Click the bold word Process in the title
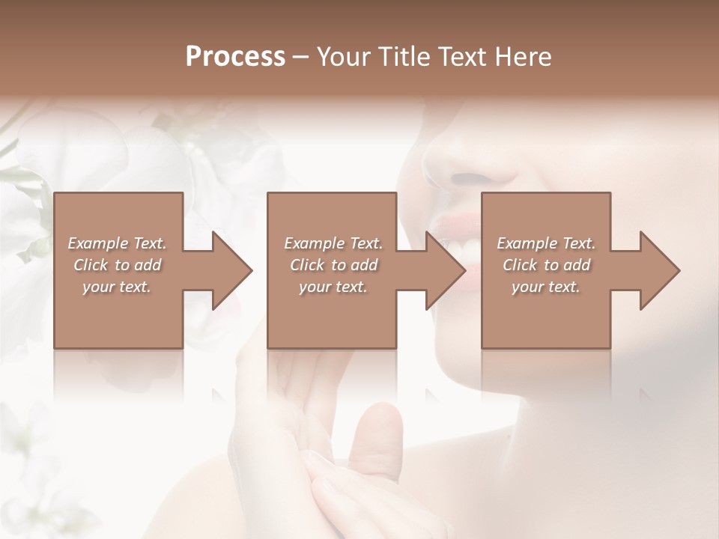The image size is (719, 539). [x=235, y=57]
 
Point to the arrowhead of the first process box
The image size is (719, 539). [x=232, y=270]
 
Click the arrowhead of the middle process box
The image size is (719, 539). [x=446, y=270]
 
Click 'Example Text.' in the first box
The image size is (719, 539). [x=118, y=243]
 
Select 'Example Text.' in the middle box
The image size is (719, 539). [x=333, y=243]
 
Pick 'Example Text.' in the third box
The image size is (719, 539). [x=546, y=243]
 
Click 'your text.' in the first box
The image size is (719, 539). [x=117, y=287]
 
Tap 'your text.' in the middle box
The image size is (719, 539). [x=333, y=287]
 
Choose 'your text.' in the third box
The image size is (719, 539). [x=545, y=287]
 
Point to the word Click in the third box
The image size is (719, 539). [x=521, y=265]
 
